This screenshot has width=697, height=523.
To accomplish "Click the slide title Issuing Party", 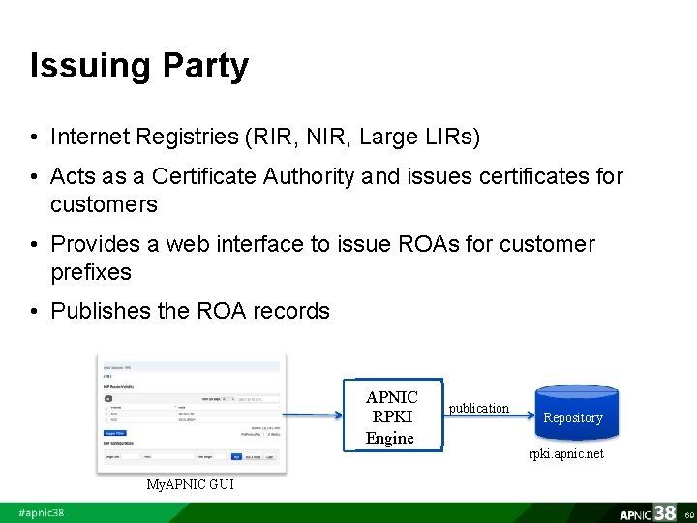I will pos(139,66).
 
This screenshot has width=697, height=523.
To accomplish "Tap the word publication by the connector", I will pos(478,408).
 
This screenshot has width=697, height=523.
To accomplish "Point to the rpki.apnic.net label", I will pos(565,453).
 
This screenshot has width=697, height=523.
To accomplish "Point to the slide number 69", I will pos(688,514).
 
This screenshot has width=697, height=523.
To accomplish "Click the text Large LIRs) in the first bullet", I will pos(419,138).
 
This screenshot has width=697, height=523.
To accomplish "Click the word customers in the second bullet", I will pos(104,204).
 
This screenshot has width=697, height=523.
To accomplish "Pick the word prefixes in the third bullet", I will pos(91,272).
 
